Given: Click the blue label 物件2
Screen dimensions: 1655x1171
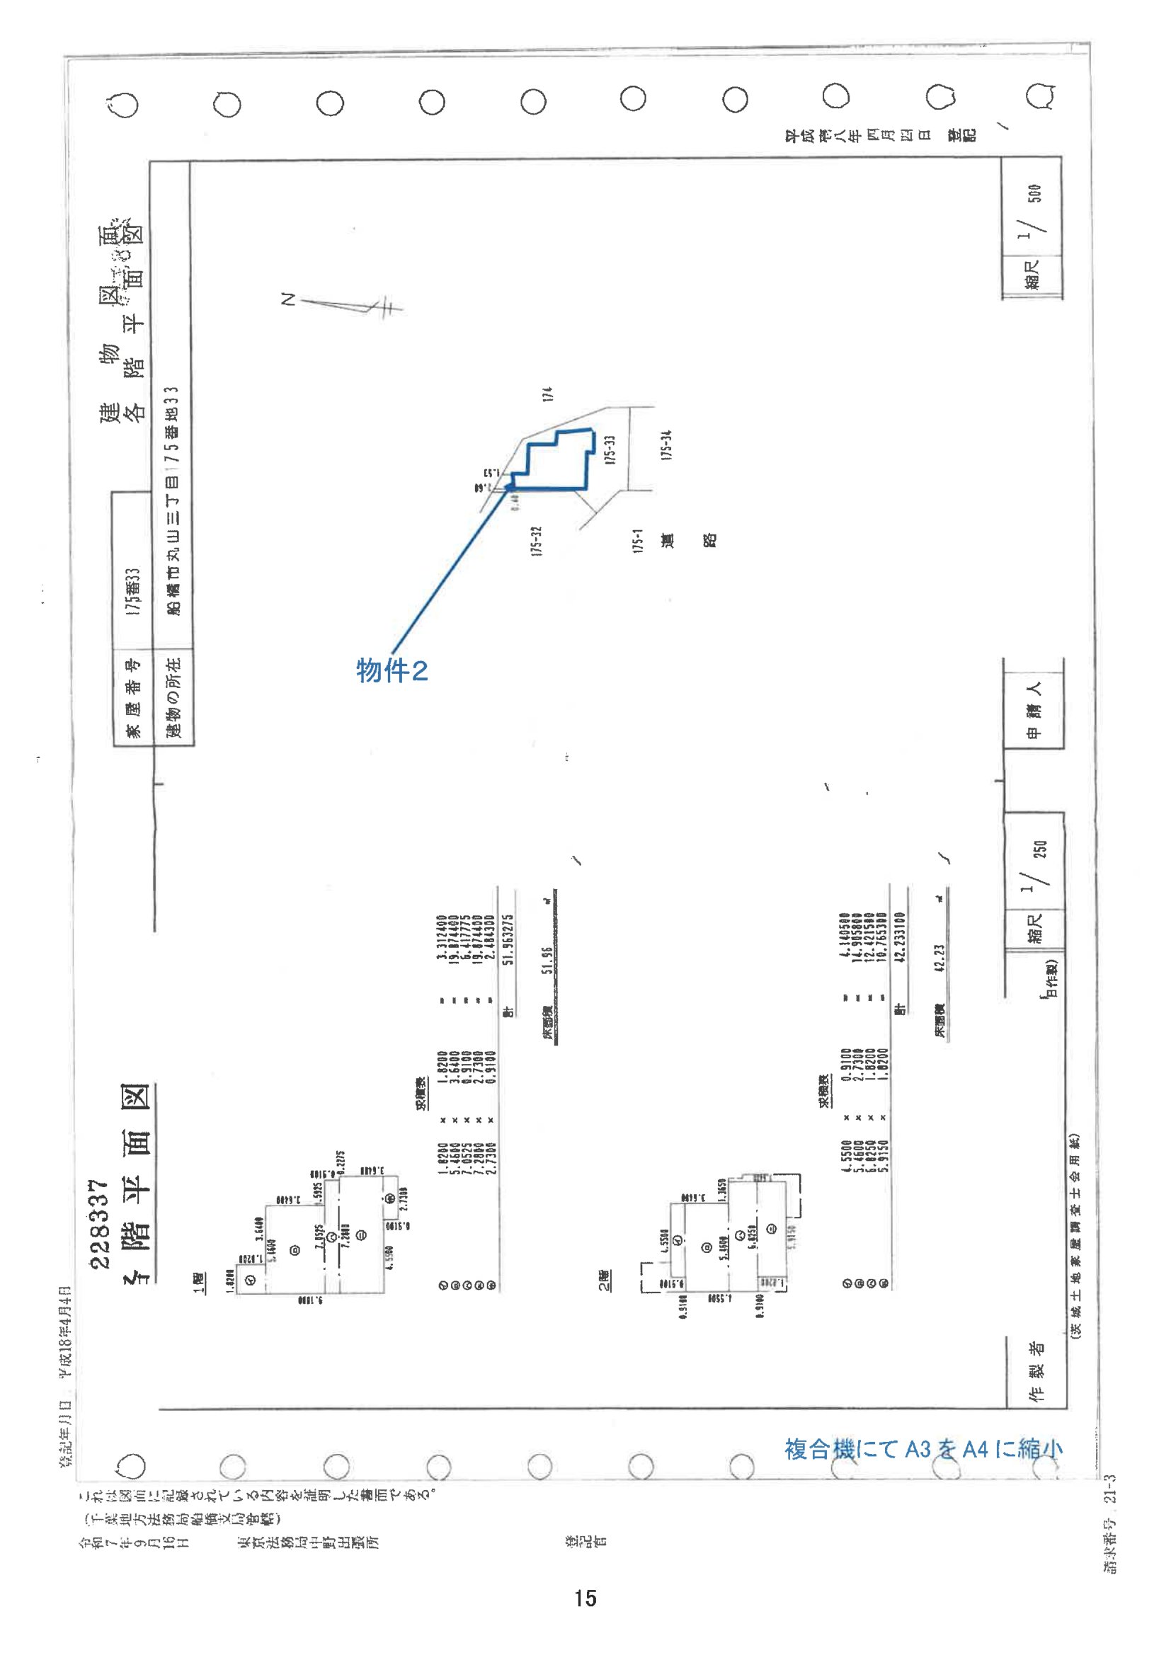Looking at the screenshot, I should [x=392, y=671].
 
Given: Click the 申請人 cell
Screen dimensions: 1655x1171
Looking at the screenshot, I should [x=1032, y=709].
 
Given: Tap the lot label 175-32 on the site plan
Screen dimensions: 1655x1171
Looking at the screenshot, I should [x=536, y=541].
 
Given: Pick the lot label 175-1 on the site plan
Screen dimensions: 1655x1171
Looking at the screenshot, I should [x=637, y=541].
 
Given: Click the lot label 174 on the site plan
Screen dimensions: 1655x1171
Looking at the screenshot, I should [x=547, y=394].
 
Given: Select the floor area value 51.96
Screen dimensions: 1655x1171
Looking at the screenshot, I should [x=547, y=960].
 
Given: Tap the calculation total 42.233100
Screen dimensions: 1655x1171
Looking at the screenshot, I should [x=899, y=937].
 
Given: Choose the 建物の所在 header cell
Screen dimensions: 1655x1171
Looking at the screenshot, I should [x=173, y=697].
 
